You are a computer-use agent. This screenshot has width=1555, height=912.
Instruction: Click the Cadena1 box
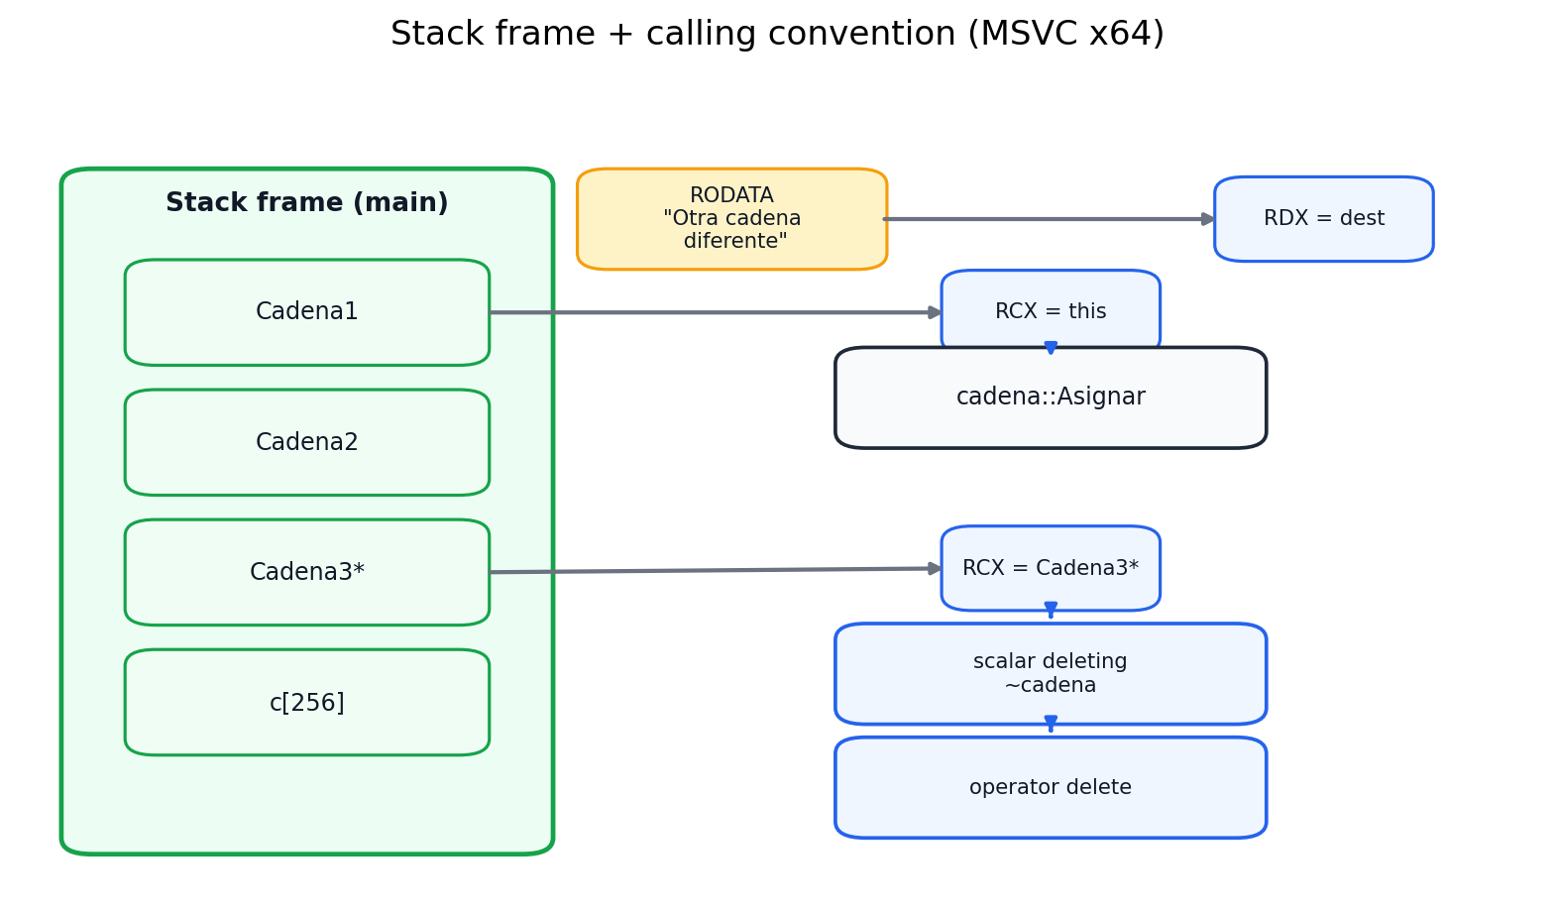point(306,312)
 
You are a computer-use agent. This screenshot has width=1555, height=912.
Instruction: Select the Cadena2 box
point(306,442)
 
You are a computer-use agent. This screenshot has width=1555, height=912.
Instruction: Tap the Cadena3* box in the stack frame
point(306,572)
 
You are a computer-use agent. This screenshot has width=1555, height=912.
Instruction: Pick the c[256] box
point(306,702)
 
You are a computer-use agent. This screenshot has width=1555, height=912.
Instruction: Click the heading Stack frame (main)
point(306,203)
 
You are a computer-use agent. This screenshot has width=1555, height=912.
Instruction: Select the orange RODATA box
point(731,218)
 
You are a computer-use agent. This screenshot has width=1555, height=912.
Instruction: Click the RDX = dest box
point(1323,219)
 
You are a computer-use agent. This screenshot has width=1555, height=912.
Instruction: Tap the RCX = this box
point(1051,311)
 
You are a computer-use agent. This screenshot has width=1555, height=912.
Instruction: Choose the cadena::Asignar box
point(1051,398)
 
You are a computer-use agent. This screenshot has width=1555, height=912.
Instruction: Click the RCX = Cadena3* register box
point(1051,568)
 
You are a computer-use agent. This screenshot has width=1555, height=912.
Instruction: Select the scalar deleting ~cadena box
point(1051,673)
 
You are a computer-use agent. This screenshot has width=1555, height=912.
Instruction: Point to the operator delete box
point(1051,787)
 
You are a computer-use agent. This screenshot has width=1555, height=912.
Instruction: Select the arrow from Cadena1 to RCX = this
point(714,312)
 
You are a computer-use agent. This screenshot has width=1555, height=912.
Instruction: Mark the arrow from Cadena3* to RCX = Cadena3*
point(714,570)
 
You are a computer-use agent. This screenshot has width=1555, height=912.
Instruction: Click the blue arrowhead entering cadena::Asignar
point(1051,347)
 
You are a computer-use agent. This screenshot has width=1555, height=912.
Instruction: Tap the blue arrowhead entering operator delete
point(1051,723)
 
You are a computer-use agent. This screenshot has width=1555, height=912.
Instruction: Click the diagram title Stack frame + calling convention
point(777,34)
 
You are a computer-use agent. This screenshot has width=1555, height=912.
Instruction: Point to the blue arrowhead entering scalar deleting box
point(1051,609)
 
